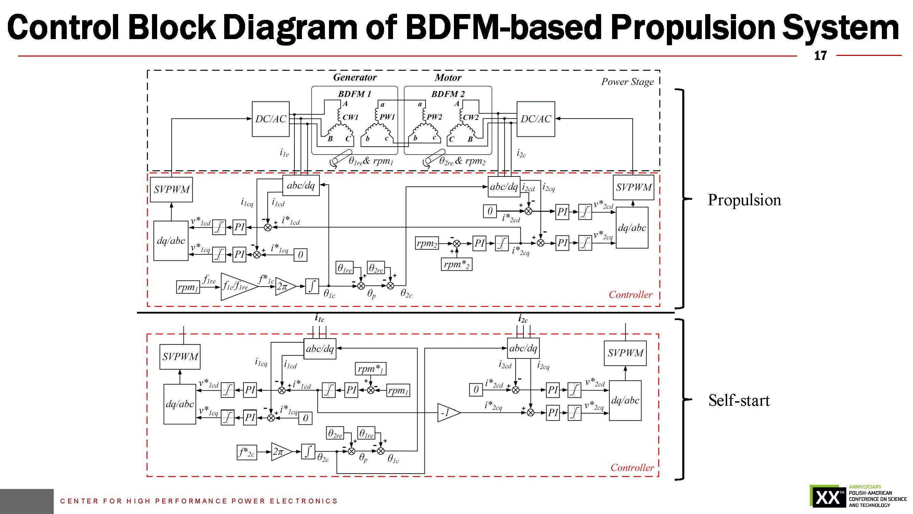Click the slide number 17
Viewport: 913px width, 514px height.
(x=820, y=56)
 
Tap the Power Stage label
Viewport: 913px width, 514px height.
(x=627, y=82)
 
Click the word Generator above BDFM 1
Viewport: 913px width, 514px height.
(x=355, y=77)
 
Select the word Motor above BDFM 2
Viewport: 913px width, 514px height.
(x=448, y=78)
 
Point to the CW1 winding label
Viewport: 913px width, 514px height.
(x=350, y=117)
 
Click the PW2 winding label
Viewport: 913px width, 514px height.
(x=434, y=117)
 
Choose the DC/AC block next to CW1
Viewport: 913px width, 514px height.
(x=270, y=119)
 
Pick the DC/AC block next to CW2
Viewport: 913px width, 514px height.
(x=535, y=119)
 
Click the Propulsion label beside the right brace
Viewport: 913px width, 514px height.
(x=744, y=200)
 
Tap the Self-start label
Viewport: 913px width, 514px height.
(x=739, y=400)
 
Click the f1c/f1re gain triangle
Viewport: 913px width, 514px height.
(x=237, y=286)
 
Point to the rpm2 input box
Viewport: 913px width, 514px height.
(x=427, y=243)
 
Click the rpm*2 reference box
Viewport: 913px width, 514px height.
(x=457, y=264)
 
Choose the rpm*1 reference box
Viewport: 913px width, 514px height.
(x=370, y=369)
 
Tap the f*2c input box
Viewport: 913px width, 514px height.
(x=247, y=452)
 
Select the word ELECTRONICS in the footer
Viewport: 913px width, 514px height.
(x=303, y=501)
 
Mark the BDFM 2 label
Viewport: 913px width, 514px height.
(x=448, y=94)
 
